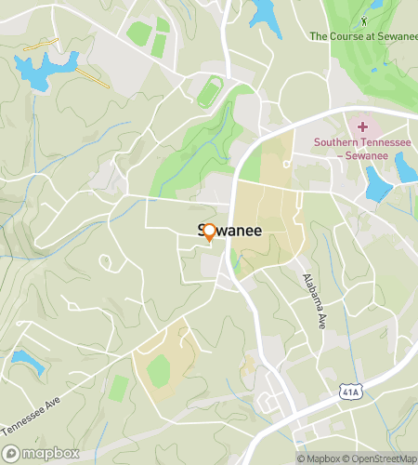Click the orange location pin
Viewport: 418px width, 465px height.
pos(209,232)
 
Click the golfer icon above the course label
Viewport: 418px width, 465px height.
pos(364,19)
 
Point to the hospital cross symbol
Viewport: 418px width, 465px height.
pos(363,126)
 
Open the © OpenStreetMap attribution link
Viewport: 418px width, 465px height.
pos(381,458)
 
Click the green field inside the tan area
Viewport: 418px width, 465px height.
pos(159,371)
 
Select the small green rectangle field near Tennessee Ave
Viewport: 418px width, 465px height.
pos(118,388)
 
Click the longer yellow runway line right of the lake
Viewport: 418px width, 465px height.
pos(92,78)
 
